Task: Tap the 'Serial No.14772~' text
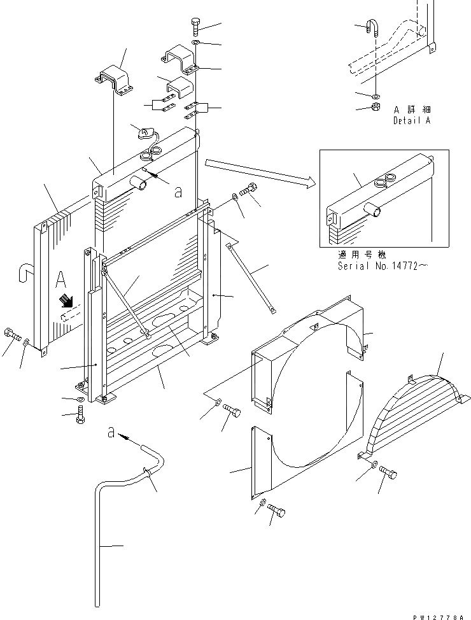pyautogui.click(x=379, y=267)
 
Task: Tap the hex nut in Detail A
pyautogui.click(x=376, y=106)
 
